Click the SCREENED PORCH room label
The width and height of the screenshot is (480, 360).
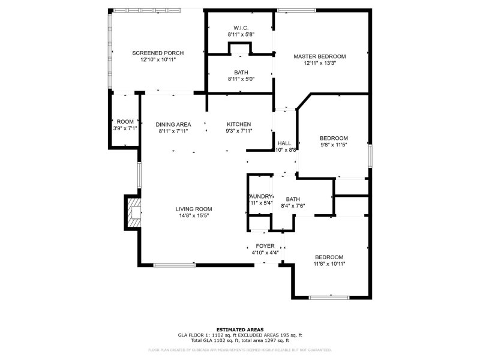pos(158,53)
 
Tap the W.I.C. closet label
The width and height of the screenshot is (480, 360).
pos(241,28)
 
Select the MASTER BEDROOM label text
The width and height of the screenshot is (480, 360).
pos(319,56)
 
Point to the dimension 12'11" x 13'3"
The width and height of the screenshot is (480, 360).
pos(319,64)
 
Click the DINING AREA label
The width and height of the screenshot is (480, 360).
pos(173,124)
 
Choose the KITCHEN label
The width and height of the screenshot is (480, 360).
pos(239,124)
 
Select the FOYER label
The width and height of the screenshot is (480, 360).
pos(265,246)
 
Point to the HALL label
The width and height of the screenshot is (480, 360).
pos(284,143)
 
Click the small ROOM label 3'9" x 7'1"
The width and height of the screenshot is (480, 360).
pos(125,121)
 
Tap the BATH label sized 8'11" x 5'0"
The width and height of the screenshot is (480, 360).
pos(241,72)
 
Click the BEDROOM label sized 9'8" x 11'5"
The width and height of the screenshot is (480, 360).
pos(334,137)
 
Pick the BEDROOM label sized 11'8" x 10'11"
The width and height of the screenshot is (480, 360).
pos(329,257)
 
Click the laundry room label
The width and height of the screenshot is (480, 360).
pos(261,196)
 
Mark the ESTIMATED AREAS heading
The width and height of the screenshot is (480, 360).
pos(240,330)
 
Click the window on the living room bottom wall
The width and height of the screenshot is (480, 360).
pos(174,265)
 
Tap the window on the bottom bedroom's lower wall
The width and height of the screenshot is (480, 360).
pos(329,298)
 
